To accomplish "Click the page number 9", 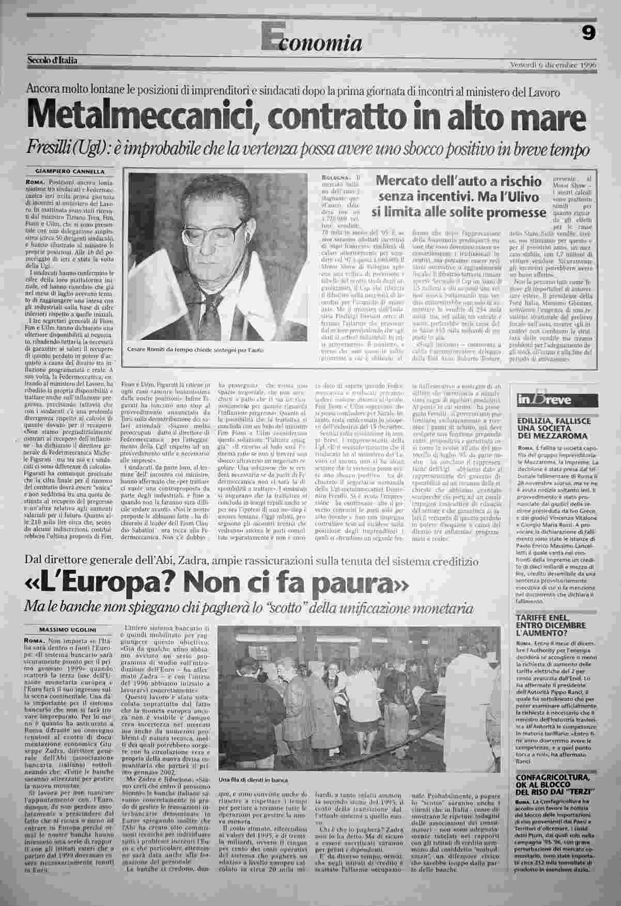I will click(x=588, y=34).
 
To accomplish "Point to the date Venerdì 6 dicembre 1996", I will click(x=553, y=66).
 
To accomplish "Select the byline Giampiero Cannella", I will click(x=69, y=171).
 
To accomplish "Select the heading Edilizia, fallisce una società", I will click(x=553, y=429).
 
